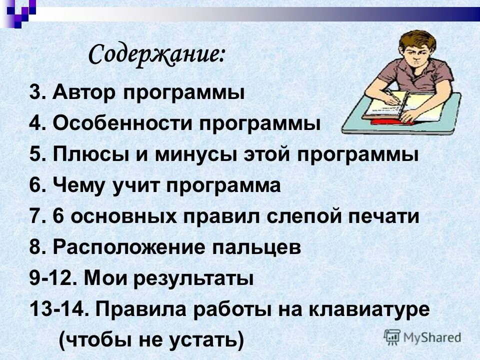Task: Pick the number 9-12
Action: tap(50, 278)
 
